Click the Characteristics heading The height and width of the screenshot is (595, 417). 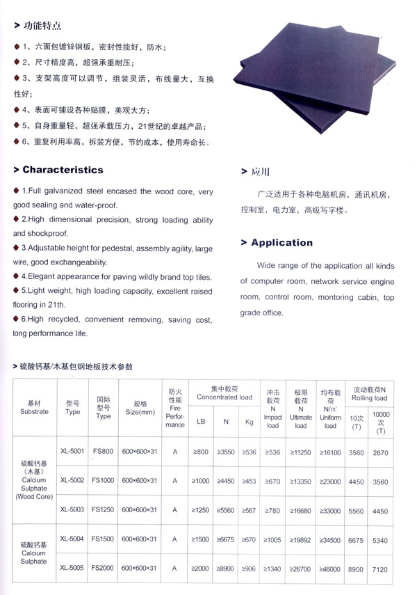pos(63,170)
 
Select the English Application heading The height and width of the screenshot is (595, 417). pos(281,243)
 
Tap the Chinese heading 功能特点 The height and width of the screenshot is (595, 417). pos(42,26)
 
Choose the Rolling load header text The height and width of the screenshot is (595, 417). pos(369,398)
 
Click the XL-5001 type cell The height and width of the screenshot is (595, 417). pos(72,452)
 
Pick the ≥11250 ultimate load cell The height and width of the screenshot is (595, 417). pos(300,452)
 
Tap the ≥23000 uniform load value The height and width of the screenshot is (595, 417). pos(330,480)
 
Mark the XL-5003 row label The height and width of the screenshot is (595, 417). pos(72,509)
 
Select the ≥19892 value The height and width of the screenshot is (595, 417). pos(300,539)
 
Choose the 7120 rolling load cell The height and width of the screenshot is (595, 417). pos(380,568)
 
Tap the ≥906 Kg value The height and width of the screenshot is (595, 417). pos(249,568)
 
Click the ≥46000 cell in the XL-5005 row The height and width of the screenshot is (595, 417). pos(330,568)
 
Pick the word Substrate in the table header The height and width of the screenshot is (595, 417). pos(34,411)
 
